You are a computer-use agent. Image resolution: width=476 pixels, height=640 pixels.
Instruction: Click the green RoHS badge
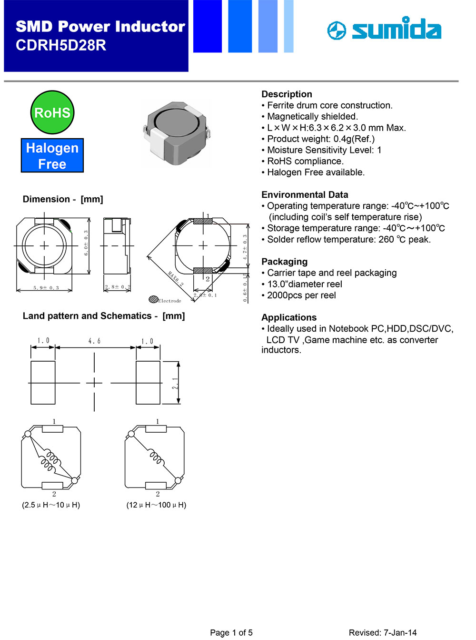(x=52, y=112)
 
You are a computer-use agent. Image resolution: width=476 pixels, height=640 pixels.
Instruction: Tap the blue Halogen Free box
(x=52, y=155)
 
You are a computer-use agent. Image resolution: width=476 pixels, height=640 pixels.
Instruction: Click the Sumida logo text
(x=396, y=30)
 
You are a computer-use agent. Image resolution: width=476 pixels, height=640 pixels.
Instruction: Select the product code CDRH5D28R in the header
(x=61, y=45)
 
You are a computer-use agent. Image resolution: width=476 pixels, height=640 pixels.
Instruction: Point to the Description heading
(x=287, y=94)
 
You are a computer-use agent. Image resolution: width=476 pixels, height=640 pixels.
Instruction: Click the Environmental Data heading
(x=305, y=194)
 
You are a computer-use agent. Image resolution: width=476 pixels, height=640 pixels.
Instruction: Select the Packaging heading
(x=284, y=262)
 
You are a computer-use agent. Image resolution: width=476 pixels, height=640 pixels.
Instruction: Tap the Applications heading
(x=289, y=317)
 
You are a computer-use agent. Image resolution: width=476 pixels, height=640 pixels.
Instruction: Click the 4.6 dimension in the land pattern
(x=94, y=341)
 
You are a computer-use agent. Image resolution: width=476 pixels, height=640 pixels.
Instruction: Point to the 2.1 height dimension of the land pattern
(x=175, y=383)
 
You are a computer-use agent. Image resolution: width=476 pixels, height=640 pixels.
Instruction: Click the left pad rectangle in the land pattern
(x=43, y=383)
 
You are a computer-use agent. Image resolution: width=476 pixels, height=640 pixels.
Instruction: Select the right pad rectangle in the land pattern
(x=148, y=383)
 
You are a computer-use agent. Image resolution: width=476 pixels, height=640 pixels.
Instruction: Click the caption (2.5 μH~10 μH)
(x=51, y=505)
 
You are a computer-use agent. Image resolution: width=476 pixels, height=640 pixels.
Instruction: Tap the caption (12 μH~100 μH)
(x=156, y=505)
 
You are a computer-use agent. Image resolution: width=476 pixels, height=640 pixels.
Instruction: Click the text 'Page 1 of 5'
(x=231, y=632)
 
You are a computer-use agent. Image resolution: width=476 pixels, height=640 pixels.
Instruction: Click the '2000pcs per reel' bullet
(x=301, y=295)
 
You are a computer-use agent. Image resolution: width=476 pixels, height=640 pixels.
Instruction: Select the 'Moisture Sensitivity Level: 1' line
(x=324, y=150)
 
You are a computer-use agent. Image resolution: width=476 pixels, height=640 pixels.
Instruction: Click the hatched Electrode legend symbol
(x=153, y=299)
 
